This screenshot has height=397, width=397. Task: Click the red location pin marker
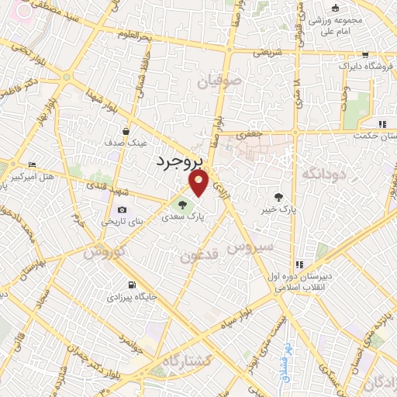[199, 183]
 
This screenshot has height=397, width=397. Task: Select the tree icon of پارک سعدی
[182, 205]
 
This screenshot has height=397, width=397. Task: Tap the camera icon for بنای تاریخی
[122, 209]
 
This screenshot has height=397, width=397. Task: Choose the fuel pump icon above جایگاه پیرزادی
[129, 283]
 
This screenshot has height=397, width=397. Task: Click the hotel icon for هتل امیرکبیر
[32, 165]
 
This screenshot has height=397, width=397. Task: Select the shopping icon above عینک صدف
[125, 131]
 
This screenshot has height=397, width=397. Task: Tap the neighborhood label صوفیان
[214, 80]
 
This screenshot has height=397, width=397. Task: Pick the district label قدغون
[199, 256]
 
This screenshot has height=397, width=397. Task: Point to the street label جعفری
[250, 134]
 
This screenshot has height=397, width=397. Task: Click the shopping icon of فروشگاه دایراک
[365, 55]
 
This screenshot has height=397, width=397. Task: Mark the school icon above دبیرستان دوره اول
[299, 264]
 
